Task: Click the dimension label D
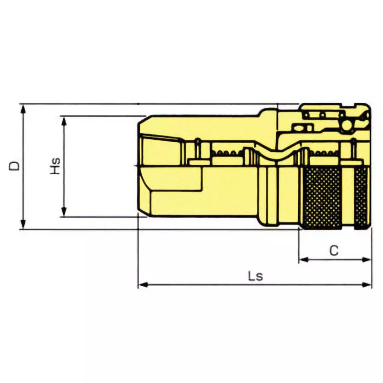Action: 16,166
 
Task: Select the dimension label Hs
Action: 56,166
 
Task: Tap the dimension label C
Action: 334,250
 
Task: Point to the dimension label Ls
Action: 255,276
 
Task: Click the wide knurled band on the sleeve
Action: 323,197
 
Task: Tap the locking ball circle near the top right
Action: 347,125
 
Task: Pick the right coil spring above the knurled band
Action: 325,153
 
